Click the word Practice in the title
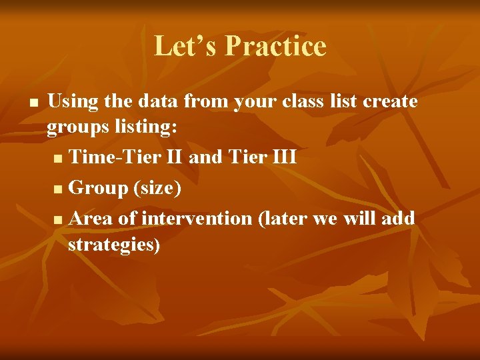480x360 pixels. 275,46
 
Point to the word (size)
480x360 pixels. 157,189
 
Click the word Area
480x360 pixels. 91,218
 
